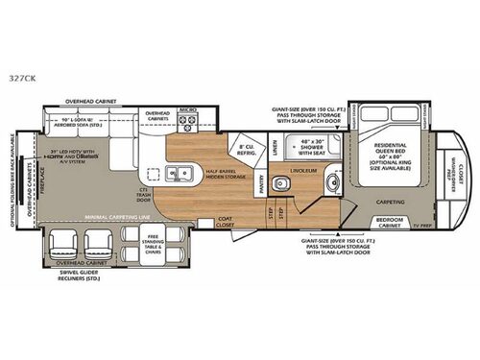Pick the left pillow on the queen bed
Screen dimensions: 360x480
pos(370,120)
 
